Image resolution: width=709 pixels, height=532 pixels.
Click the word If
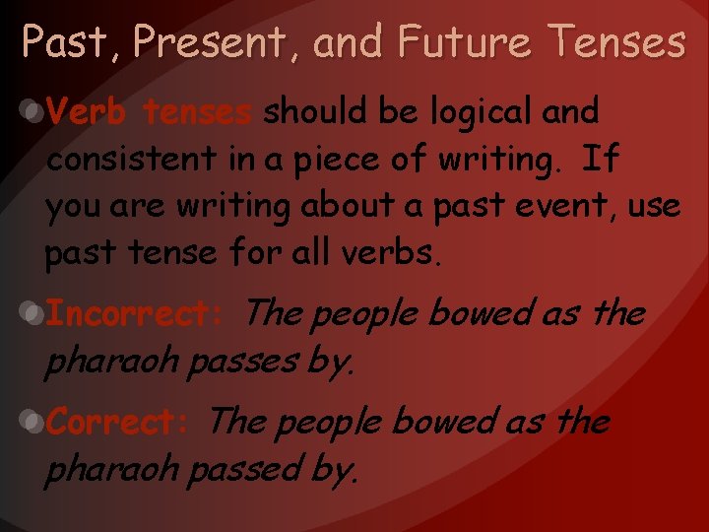click(x=600, y=160)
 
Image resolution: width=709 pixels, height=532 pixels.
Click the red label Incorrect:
click(x=137, y=315)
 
